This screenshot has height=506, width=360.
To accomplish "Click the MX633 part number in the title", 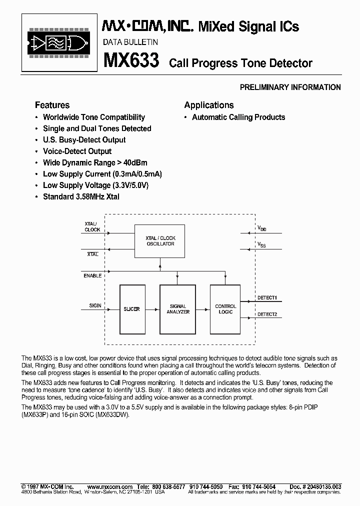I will (x=131, y=61).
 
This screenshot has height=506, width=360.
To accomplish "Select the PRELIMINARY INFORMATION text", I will (x=290, y=87).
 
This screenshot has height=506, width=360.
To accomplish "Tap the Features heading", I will (x=52, y=105).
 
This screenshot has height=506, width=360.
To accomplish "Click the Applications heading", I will (x=209, y=105).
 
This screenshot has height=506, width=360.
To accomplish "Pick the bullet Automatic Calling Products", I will (x=238, y=117).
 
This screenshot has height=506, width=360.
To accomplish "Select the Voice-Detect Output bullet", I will (x=77, y=151).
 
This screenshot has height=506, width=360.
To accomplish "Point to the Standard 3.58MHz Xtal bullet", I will (x=81, y=196).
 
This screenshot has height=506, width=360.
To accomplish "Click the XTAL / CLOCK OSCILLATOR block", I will (x=160, y=241).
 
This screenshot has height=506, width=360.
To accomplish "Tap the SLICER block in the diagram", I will (x=132, y=309).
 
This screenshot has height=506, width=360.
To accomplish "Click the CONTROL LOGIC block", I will (x=225, y=309).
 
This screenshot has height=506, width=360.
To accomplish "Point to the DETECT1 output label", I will (x=267, y=298).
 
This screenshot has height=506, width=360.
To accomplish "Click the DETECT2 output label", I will (x=267, y=314).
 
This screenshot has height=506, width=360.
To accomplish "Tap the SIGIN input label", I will (x=95, y=305).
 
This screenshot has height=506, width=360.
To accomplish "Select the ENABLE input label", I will (x=93, y=275).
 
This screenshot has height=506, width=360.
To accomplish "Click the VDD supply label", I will (x=262, y=228).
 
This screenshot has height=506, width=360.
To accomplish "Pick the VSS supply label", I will (x=261, y=244).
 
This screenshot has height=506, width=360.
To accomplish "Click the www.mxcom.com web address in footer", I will (x=109, y=486).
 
